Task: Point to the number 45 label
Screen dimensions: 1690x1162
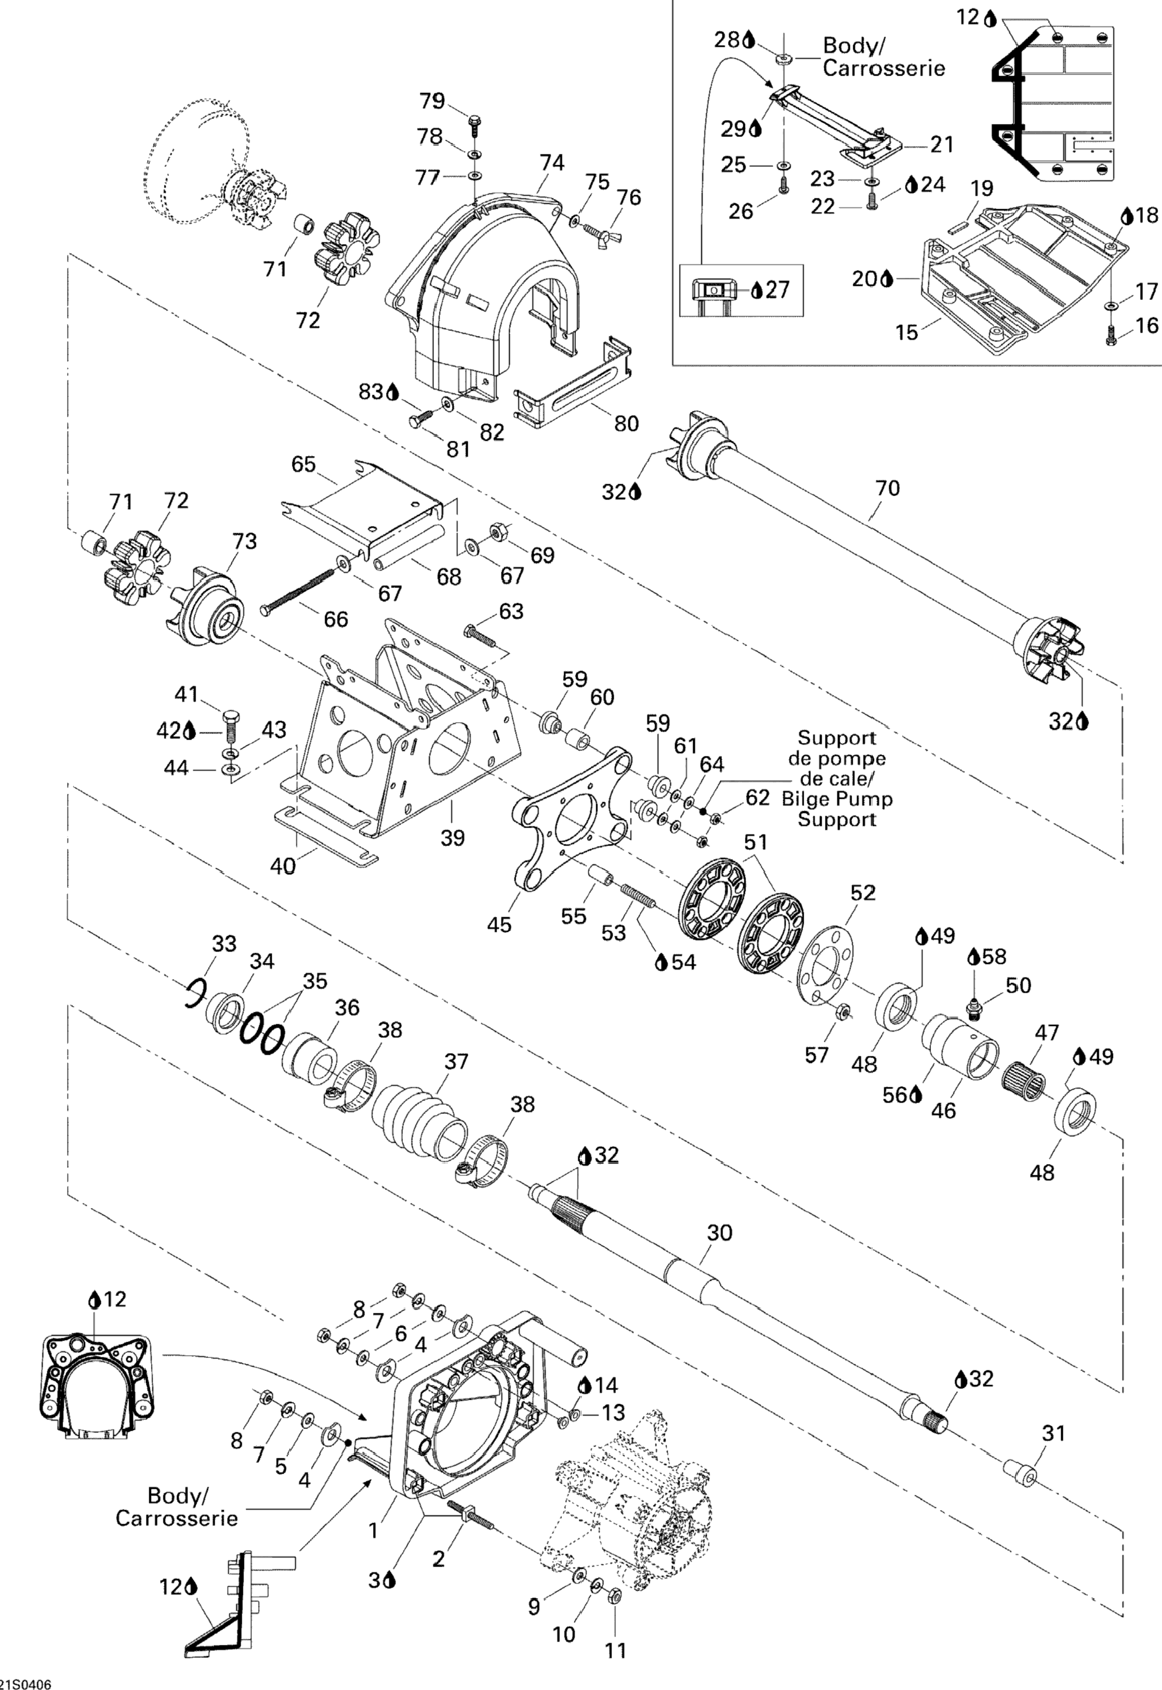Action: point(499,924)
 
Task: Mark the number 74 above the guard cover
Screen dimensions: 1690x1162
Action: point(552,162)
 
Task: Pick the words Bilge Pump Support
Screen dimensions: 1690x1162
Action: point(836,809)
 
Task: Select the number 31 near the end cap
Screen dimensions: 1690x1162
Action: point(1053,1433)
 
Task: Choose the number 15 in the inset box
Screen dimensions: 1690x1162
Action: point(907,332)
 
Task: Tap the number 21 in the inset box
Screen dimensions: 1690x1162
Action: point(942,144)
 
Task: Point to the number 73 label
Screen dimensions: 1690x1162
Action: point(245,541)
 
